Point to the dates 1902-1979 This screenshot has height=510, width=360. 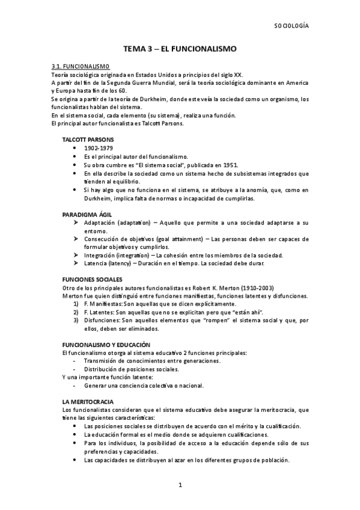(97, 148)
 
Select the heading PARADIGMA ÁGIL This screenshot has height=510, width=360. (87, 214)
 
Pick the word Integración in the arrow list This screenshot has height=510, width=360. (102, 255)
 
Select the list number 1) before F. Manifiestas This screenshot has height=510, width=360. (75, 305)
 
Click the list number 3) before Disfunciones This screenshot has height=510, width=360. (75, 321)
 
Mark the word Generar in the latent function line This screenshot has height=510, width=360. (96, 386)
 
